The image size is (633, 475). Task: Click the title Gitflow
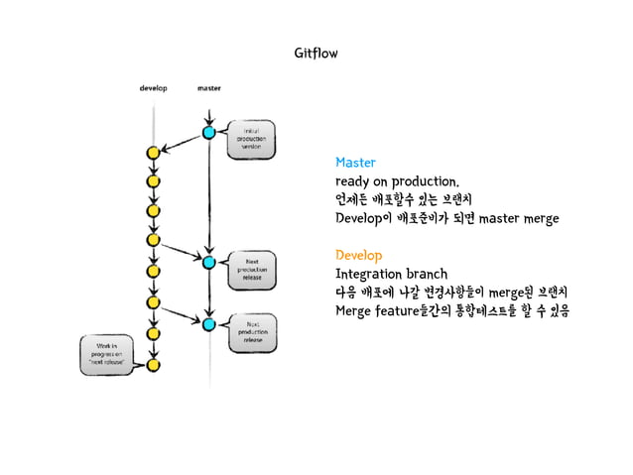(316, 52)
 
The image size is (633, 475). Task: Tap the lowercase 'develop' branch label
(152, 87)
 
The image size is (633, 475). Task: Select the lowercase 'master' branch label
(209, 87)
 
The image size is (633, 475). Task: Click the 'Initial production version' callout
(251, 139)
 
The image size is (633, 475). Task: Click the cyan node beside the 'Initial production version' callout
(209, 132)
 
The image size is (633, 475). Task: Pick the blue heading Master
(355, 162)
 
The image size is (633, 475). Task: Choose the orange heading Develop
(358, 255)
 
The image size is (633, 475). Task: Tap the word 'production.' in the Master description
(424, 181)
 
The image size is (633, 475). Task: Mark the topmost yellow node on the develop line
(153, 154)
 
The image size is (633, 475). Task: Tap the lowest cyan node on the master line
(209, 323)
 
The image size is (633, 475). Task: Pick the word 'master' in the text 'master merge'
(498, 218)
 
